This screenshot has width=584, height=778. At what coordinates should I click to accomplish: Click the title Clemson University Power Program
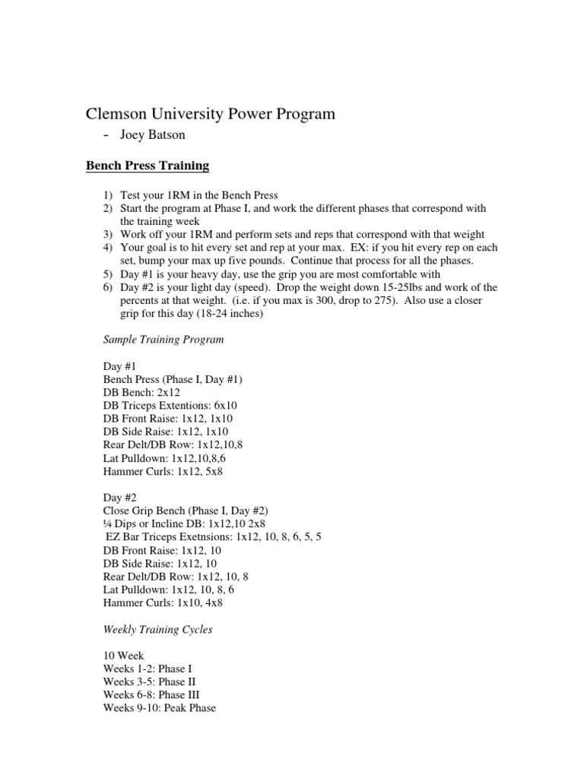[209, 115]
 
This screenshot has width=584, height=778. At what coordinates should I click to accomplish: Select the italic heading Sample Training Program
[163, 340]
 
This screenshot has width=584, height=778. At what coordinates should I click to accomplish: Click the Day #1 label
[119, 365]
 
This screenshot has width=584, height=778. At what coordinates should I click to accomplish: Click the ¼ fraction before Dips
[107, 523]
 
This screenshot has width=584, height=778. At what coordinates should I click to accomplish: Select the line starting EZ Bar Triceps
[214, 536]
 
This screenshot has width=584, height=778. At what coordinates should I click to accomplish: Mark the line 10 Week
[123, 655]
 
